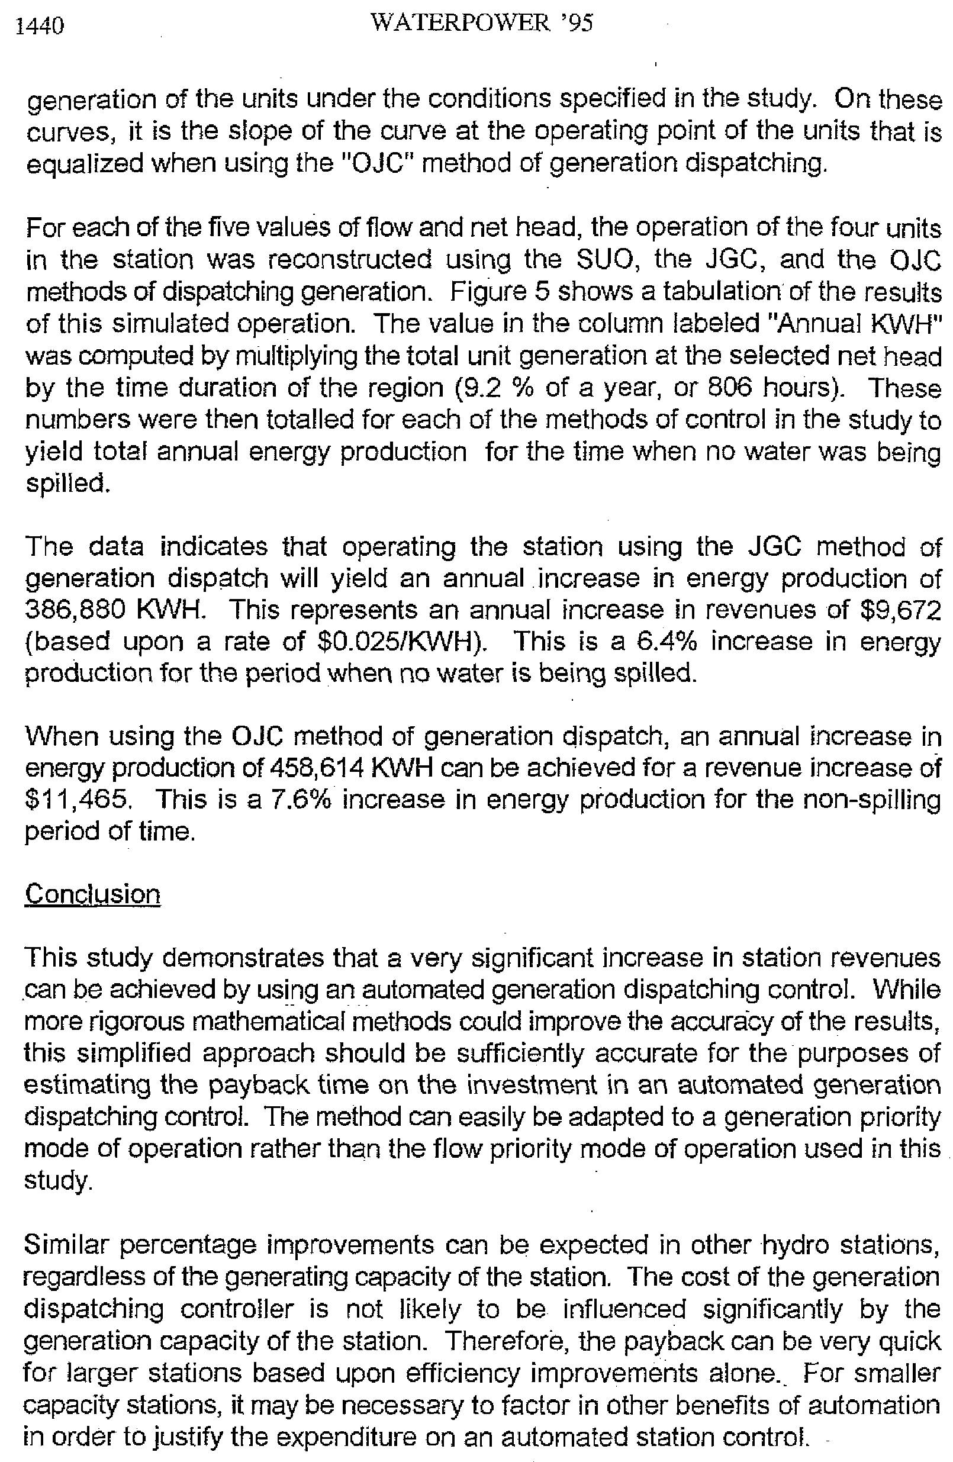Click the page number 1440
(x=41, y=25)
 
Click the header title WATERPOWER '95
(x=482, y=22)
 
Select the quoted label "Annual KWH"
(x=860, y=324)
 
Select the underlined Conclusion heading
(x=93, y=894)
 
